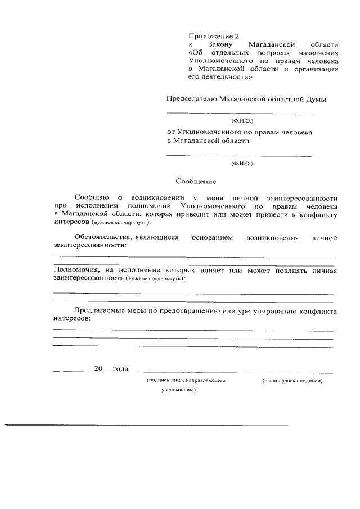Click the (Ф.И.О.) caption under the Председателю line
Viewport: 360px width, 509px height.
(242, 120)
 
